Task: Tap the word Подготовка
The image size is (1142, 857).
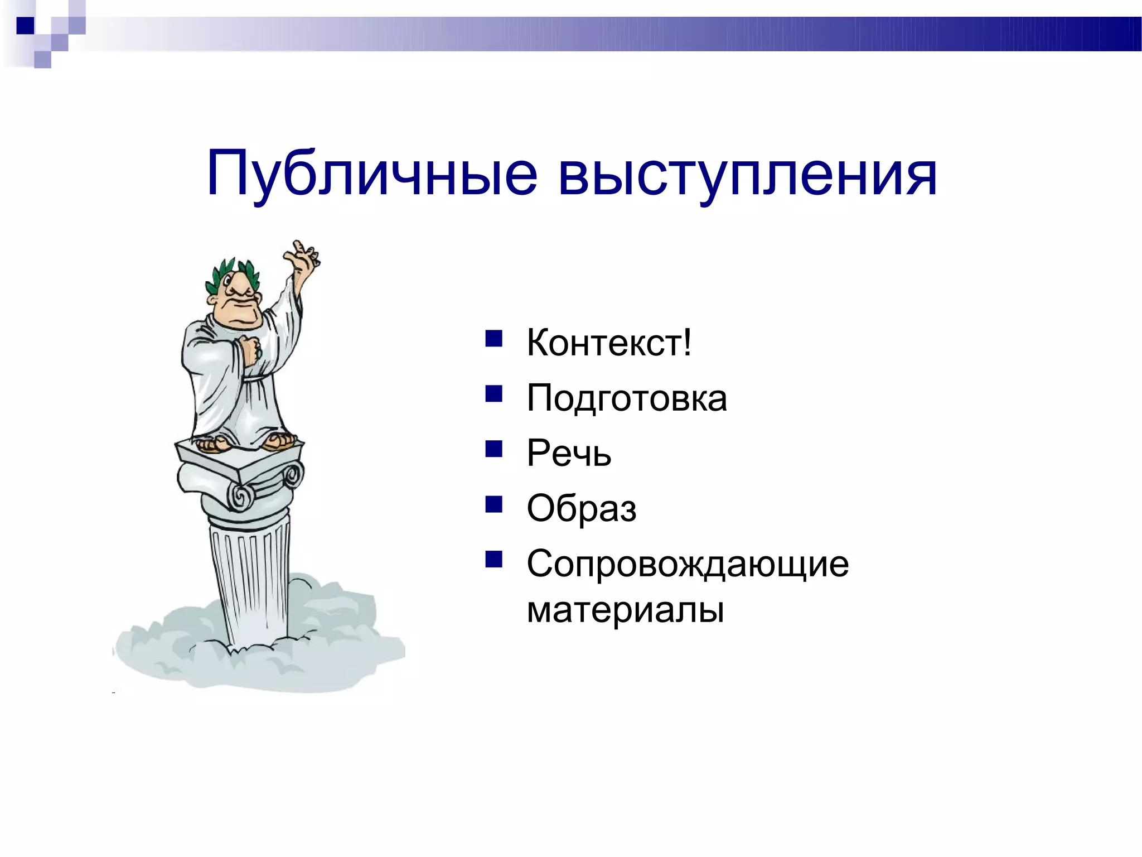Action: [627, 398]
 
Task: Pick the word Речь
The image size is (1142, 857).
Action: [569, 453]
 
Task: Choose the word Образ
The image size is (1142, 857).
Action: [582, 508]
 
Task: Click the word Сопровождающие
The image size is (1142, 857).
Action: [688, 564]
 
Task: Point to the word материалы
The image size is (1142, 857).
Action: [625, 610]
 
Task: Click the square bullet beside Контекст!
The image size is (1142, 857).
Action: [493, 339]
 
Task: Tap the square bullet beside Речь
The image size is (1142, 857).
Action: [493, 449]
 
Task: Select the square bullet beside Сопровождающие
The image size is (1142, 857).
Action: [493, 559]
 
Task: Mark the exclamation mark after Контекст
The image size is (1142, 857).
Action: [687, 342]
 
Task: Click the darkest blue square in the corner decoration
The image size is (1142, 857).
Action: [25, 26]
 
